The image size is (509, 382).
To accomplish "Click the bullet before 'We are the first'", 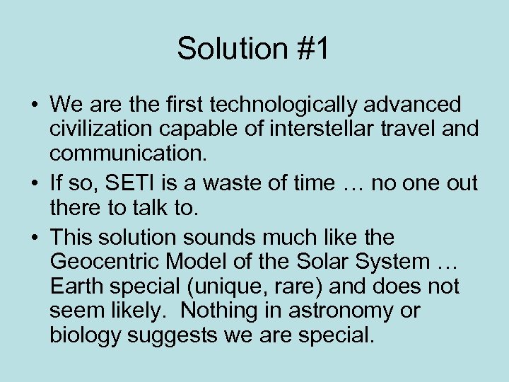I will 35,106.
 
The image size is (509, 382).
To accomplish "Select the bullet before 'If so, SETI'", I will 35,184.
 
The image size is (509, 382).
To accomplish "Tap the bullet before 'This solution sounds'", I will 35,236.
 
